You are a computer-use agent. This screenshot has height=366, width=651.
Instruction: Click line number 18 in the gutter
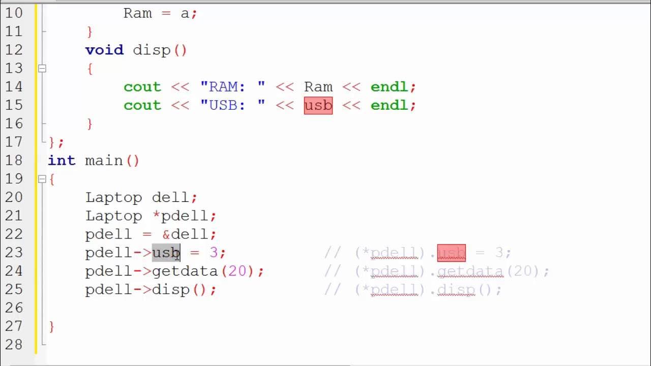(14, 161)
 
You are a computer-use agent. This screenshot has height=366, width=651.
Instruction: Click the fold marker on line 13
(42, 68)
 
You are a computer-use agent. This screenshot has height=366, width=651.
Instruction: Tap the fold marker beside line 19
(42, 179)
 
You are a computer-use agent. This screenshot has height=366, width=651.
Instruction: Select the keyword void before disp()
(104, 50)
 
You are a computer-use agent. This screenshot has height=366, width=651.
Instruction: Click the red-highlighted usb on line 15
(318, 105)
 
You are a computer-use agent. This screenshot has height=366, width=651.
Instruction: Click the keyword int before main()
(62, 161)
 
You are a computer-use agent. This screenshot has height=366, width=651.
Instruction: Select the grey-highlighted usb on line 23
(166, 253)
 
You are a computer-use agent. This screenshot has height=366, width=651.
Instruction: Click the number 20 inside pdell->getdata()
(237, 271)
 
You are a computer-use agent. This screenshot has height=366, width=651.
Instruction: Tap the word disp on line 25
(170, 290)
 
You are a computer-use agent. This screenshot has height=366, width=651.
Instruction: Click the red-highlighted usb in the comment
(451, 253)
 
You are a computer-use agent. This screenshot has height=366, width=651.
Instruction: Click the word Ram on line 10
(137, 13)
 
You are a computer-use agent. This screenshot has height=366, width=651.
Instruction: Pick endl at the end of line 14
(389, 87)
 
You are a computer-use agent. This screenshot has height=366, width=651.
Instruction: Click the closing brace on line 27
(52, 326)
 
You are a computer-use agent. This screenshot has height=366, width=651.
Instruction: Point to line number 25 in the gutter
(14, 290)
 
